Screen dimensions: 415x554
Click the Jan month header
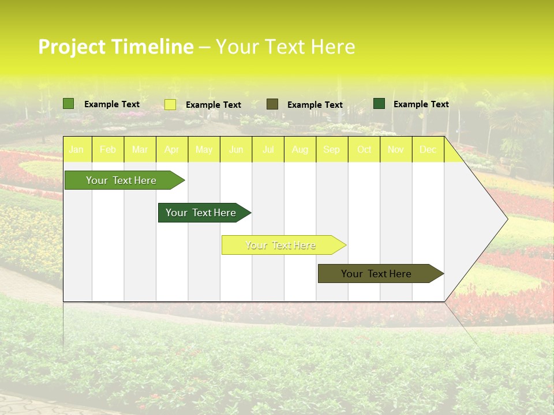pyautogui.click(x=77, y=150)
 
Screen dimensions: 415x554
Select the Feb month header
pyautogui.click(x=108, y=150)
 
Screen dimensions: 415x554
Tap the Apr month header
pyautogui.click(x=172, y=150)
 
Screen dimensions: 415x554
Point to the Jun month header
pyautogui.click(x=236, y=150)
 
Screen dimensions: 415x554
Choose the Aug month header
pyautogui.click(x=300, y=150)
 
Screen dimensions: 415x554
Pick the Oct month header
pyautogui.click(x=364, y=150)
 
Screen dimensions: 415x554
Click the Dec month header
pyautogui.click(x=428, y=150)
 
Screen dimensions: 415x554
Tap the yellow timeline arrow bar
pyautogui.click(x=281, y=245)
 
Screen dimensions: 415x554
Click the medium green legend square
pyautogui.click(x=69, y=104)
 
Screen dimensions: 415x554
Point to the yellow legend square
pyautogui.click(x=170, y=104)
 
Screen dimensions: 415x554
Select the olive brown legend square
pyautogui.click(x=272, y=104)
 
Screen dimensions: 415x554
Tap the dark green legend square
pyautogui.click(x=379, y=104)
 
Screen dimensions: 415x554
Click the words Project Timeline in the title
pyautogui.click(x=115, y=47)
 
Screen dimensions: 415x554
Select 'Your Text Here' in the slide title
pyautogui.click(x=285, y=47)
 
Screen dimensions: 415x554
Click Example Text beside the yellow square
pyautogui.click(x=214, y=105)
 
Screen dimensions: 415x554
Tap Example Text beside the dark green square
pyautogui.click(x=421, y=104)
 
